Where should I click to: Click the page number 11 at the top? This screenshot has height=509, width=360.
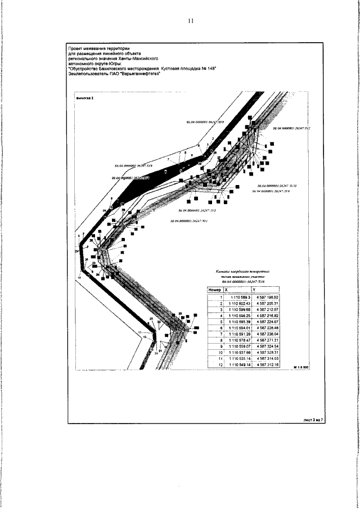click(190, 21)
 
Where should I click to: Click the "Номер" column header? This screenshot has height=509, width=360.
click(214, 290)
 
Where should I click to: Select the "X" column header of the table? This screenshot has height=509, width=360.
click(226, 290)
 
